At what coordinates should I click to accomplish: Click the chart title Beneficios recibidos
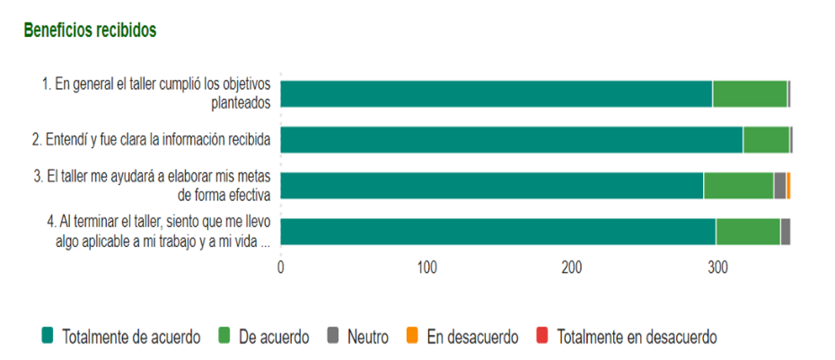click(90, 30)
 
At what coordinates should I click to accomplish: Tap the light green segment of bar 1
click(750, 93)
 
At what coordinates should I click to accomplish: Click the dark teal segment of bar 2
click(512, 140)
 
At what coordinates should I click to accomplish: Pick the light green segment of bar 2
click(766, 140)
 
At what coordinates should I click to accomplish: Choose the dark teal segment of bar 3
click(492, 186)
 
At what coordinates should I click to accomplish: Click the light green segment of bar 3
click(738, 186)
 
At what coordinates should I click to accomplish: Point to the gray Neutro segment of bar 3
click(779, 186)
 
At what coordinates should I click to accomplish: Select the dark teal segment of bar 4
click(498, 232)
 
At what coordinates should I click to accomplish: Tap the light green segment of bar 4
click(748, 232)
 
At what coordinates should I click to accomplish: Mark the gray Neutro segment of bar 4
click(786, 232)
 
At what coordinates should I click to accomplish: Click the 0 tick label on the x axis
click(281, 267)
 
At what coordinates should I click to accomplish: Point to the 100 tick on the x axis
click(426, 267)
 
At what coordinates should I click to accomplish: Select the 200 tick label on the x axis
click(572, 267)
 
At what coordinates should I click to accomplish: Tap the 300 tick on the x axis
click(717, 267)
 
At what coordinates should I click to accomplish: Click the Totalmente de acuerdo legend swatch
click(49, 337)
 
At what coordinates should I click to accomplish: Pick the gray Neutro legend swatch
click(333, 337)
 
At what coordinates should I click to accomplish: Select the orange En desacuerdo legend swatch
click(412, 337)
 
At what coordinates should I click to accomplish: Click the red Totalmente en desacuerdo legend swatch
click(541, 337)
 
